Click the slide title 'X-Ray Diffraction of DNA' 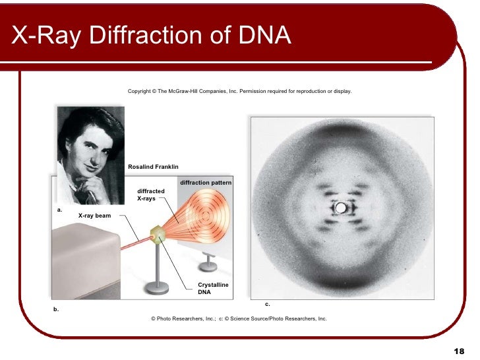(151, 36)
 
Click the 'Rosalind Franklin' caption (153, 167)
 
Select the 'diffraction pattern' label (205, 182)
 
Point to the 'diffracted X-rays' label (150, 195)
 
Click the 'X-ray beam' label (94, 216)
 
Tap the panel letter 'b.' (55, 309)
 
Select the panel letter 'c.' (268, 304)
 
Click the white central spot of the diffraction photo (341, 208)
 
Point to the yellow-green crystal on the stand (158, 234)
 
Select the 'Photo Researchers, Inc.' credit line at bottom (239, 318)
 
